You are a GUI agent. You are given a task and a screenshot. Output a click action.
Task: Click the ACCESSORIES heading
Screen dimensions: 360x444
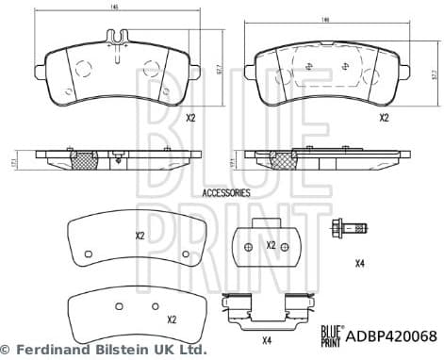click(226, 192)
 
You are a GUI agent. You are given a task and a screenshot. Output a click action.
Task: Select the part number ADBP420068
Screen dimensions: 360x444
click(394, 335)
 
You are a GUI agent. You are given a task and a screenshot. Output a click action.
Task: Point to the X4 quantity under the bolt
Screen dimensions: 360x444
click(359, 264)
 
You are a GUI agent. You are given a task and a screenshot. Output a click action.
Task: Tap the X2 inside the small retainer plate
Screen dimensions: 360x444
click(271, 245)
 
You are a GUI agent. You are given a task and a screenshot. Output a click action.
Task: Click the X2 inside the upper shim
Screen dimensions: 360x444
click(140, 236)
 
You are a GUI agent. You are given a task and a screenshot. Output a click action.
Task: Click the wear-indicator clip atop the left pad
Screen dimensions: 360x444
click(116, 39)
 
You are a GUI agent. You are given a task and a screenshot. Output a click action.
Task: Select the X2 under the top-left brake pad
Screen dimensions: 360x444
click(189, 119)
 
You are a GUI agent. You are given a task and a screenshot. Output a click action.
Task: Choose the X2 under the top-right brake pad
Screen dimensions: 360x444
click(384, 119)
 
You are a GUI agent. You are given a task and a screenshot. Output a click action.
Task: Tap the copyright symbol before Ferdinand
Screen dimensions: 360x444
click(7, 350)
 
